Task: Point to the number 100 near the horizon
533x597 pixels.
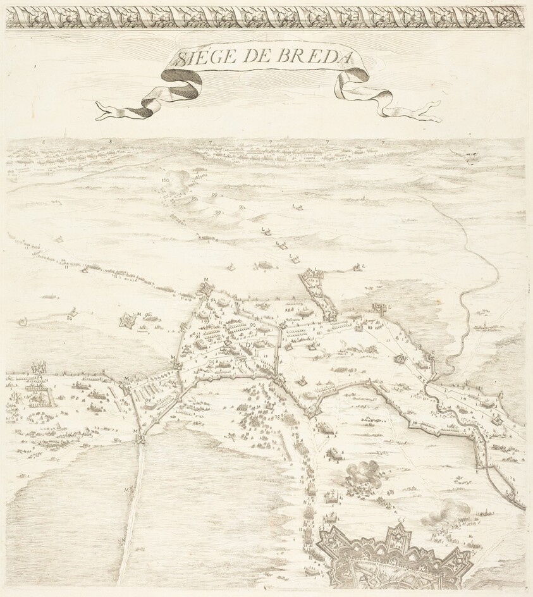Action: (x=166, y=180)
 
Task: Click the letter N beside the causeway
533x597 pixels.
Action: (x=123, y=539)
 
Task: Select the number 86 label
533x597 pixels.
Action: (x=69, y=318)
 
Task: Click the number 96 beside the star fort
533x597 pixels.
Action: (x=147, y=314)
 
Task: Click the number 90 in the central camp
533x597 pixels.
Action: (x=252, y=324)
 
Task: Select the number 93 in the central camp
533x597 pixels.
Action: (x=205, y=321)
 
